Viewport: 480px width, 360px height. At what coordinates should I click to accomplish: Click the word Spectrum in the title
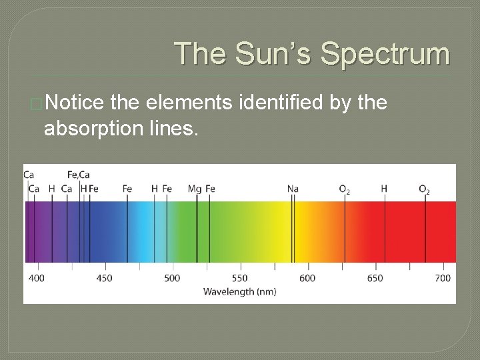click(385, 54)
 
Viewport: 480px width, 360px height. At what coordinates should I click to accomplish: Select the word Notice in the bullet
click(74, 103)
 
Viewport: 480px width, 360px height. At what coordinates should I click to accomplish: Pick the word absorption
click(98, 128)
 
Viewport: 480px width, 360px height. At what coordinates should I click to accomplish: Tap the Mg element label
click(194, 189)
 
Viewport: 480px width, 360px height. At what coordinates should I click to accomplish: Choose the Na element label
click(293, 189)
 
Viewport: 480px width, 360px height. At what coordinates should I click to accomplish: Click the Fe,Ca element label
click(79, 175)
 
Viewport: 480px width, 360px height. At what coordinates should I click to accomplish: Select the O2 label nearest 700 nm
click(424, 190)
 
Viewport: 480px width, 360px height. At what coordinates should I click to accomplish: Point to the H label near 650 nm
click(384, 189)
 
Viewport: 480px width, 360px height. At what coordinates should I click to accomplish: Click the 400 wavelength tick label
click(37, 278)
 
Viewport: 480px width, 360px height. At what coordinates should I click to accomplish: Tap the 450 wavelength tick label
click(104, 278)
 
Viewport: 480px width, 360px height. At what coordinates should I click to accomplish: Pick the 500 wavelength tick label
click(172, 278)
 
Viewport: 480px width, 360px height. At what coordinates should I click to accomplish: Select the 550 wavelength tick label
click(239, 278)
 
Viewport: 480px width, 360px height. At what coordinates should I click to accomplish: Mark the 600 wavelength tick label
click(307, 278)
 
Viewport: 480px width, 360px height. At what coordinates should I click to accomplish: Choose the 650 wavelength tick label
click(375, 278)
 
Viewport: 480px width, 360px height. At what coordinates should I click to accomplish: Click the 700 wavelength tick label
click(443, 278)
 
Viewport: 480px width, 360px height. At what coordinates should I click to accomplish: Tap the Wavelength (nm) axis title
click(239, 291)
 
